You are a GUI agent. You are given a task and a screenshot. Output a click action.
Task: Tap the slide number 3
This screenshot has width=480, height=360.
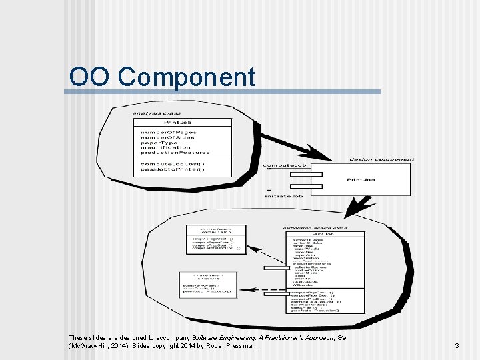[457, 345]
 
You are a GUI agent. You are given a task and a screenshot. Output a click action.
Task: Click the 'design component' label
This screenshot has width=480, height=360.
[382, 159]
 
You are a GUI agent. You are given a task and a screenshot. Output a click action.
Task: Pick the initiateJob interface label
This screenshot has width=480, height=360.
[283, 196]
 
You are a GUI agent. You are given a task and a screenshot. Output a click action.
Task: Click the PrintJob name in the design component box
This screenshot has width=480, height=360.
[361, 179]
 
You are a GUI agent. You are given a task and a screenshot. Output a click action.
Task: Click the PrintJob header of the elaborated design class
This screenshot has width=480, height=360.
[323, 234]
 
